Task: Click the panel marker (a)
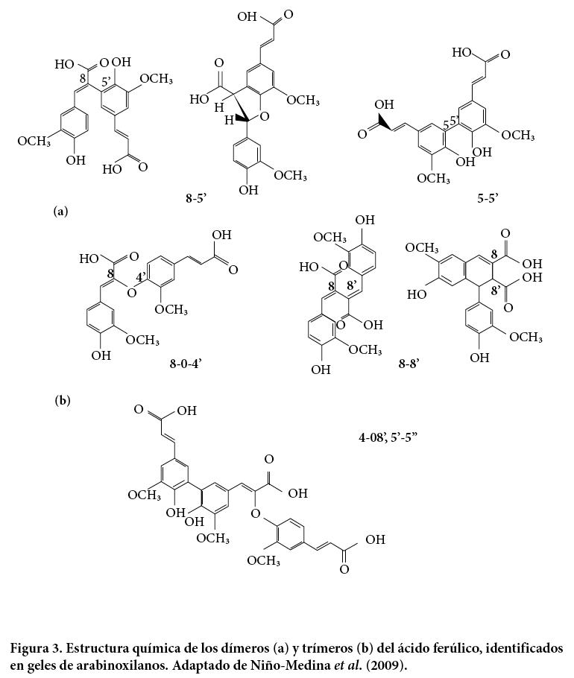pos(61,212)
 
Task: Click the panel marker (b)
pos(63,401)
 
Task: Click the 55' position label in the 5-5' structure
pos(450,123)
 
